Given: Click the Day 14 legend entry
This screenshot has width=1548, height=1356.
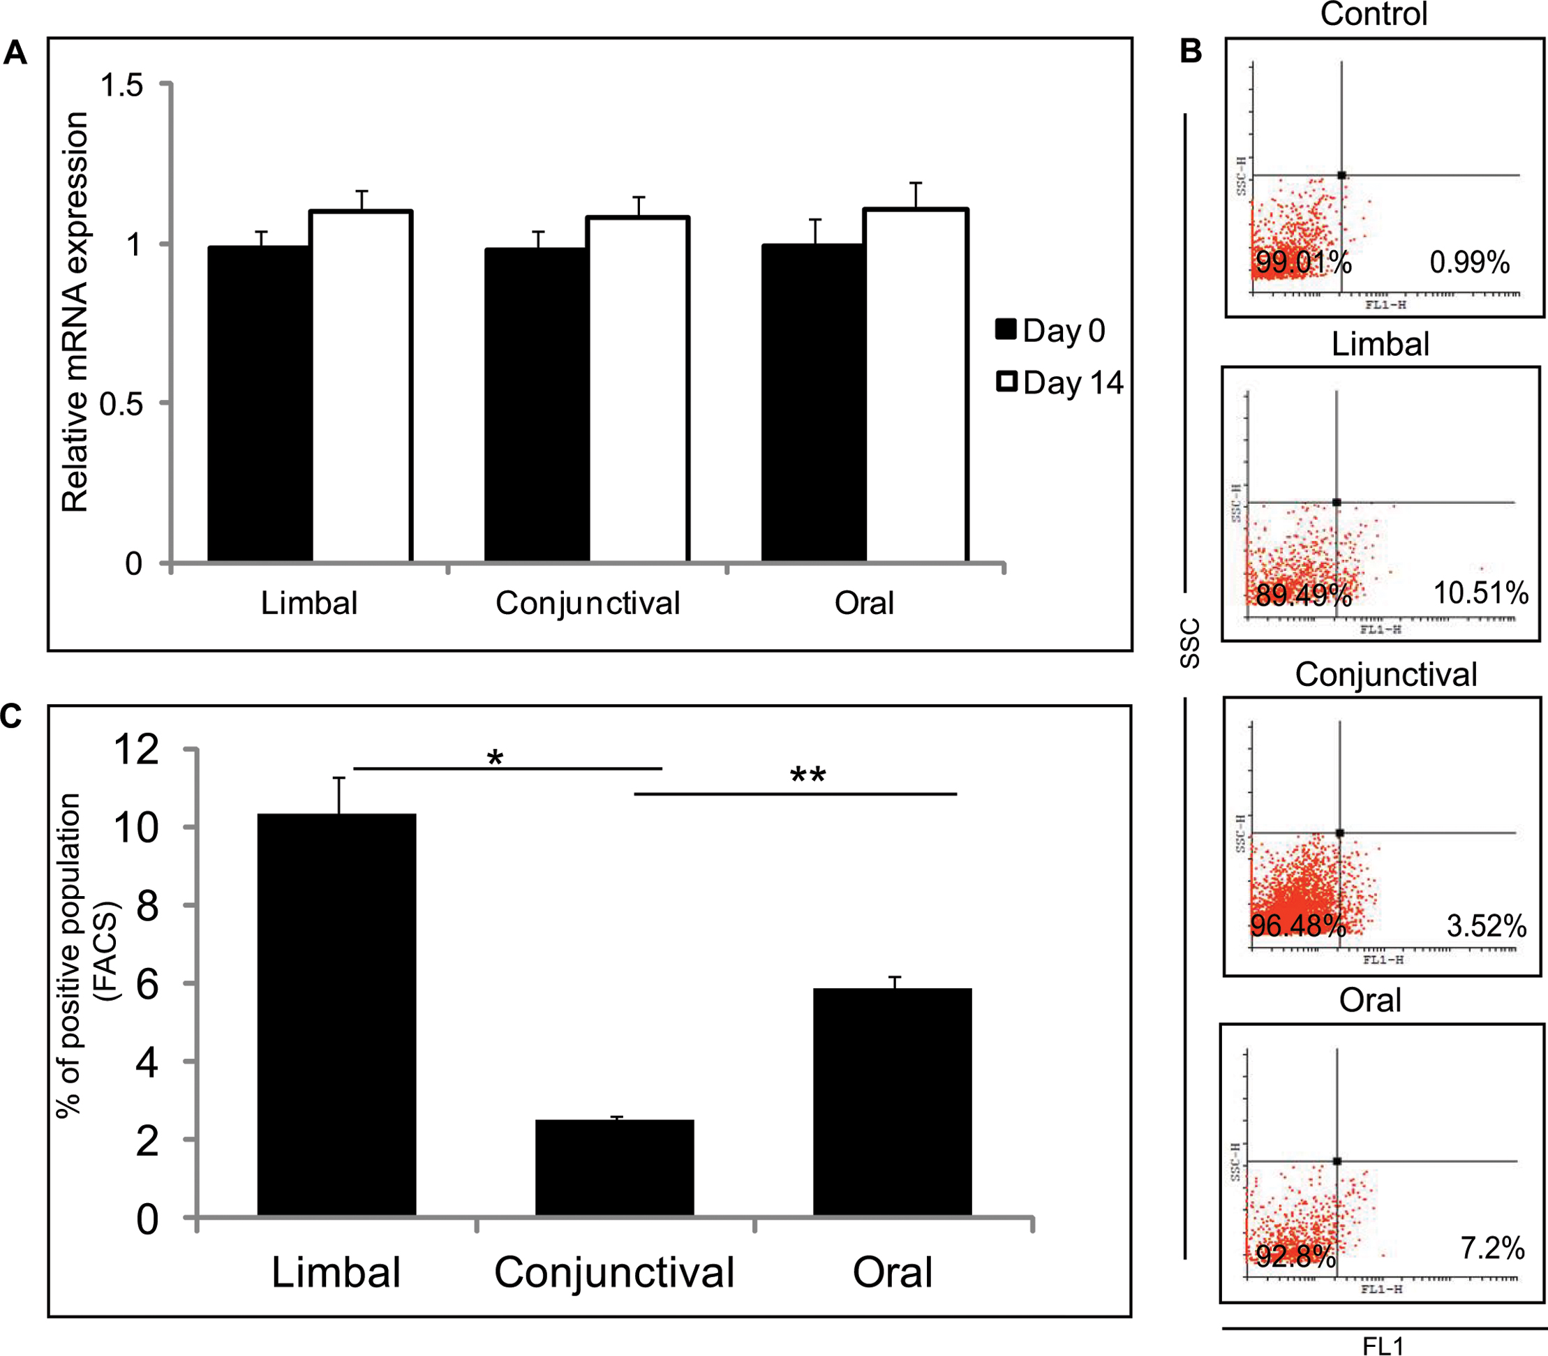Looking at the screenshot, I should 1059,382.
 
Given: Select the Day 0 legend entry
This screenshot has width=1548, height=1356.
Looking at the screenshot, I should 1050,331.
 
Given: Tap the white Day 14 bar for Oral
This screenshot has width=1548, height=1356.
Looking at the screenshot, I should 916,386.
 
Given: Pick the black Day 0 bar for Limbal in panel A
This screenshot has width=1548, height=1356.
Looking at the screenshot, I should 260,404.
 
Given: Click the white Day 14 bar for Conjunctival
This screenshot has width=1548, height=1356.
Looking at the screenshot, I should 639,389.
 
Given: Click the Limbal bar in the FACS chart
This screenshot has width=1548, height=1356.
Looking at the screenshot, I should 336,1015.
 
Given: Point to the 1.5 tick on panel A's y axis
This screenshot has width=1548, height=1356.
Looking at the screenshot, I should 122,86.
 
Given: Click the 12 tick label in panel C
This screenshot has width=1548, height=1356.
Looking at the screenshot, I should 136,750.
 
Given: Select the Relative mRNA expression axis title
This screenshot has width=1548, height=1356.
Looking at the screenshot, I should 75,313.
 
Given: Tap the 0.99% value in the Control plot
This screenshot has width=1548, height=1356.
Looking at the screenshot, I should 1469,262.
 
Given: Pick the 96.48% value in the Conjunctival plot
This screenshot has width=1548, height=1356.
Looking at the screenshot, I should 1297,925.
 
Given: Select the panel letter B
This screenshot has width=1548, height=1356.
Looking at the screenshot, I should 1191,52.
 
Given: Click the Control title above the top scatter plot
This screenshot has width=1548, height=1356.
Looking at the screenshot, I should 1374,15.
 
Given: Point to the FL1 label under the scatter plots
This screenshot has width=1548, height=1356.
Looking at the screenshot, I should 1383,1346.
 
